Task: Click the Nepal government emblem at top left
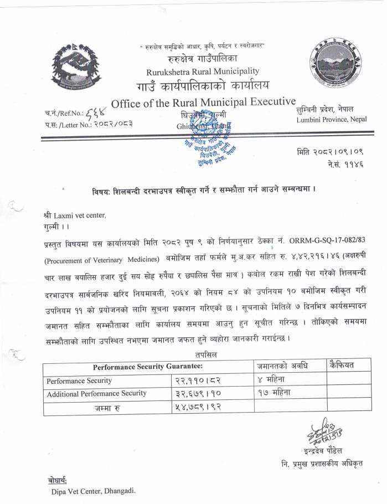(77, 67)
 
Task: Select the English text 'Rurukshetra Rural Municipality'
(202, 71)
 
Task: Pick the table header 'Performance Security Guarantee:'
(147, 366)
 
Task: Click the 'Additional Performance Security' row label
(97, 393)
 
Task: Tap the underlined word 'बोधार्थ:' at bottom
(57, 480)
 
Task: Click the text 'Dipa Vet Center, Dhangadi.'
(93, 491)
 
